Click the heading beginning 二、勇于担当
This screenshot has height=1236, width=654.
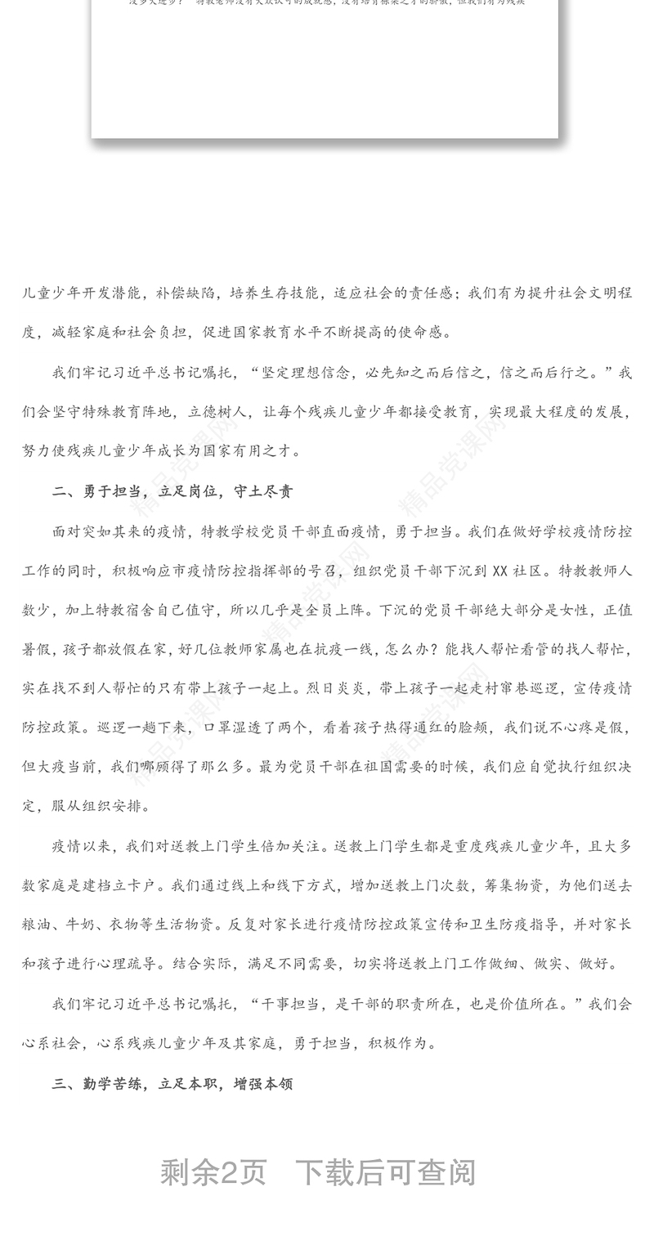[x=172, y=491]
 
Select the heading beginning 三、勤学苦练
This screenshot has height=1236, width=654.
[x=172, y=1084]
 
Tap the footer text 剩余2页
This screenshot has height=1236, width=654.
[x=213, y=1172]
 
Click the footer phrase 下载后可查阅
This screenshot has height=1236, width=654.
[x=385, y=1172]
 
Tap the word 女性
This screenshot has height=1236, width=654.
[x=572, y=610]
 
